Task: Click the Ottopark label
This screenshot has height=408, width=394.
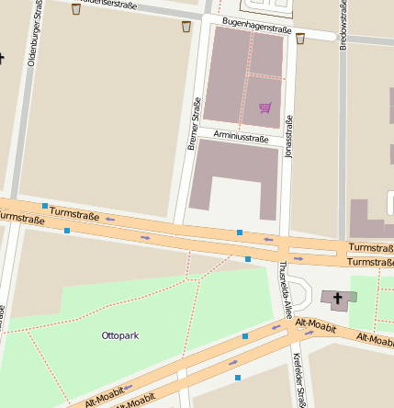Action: pos(119,335)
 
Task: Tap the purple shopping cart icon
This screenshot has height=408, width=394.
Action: pos(265,108)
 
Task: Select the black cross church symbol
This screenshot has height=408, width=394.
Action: pos(337,298)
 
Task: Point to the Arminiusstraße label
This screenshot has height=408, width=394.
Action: pos(241,137)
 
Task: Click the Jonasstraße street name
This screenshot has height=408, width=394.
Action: pos(289,136)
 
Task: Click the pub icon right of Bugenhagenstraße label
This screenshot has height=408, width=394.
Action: pos(299,38)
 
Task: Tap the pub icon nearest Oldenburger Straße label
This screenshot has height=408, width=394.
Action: pos(75,9)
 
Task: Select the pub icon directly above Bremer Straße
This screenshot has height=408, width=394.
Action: pos(186,27)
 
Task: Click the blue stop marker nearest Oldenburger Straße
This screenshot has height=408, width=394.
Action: pos(45,205)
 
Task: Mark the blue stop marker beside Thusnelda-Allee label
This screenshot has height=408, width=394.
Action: pos(248,260)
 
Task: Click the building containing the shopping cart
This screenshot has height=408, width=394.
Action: pos(243,75)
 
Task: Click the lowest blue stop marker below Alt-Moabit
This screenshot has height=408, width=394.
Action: pos(238,378)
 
